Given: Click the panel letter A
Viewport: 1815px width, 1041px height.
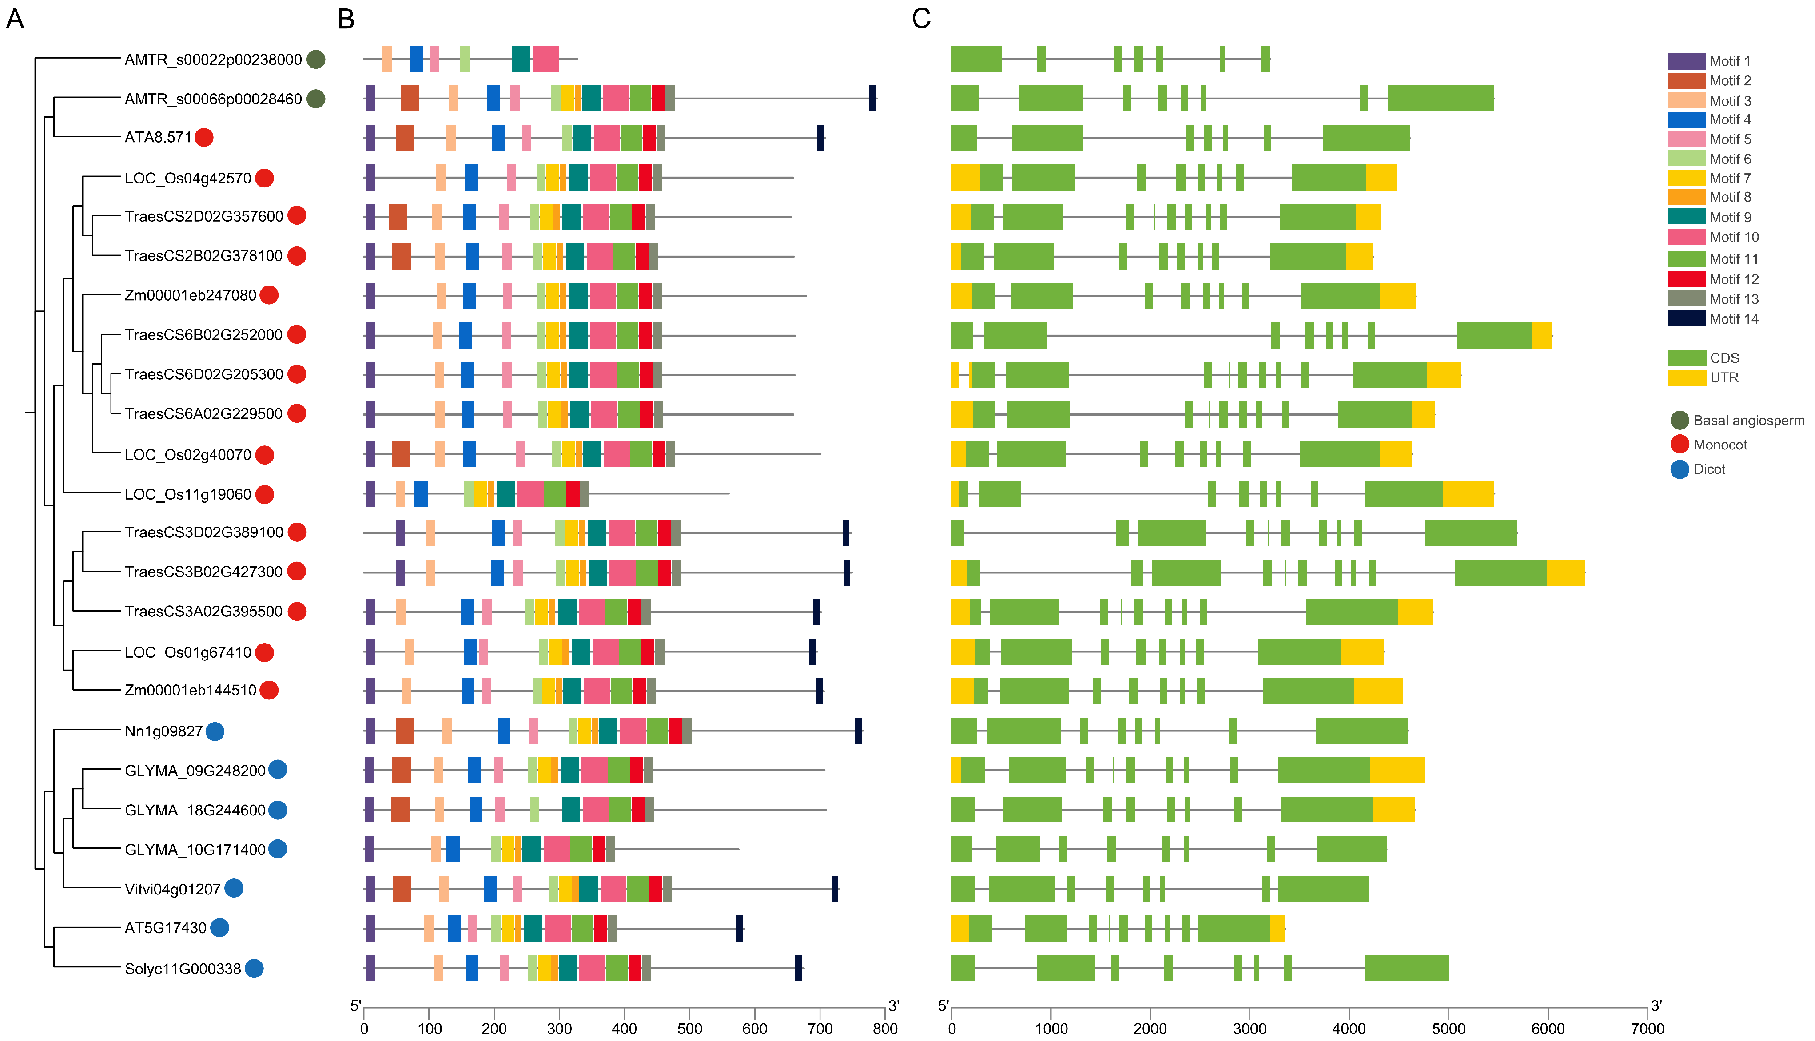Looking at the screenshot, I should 15,19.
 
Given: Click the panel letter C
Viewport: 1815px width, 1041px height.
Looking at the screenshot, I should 921,19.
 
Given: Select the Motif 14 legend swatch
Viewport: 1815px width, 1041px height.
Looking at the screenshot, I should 1686,319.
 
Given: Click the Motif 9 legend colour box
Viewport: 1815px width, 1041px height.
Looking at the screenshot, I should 1686,217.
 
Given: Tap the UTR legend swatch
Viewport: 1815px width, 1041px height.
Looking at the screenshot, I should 1686,377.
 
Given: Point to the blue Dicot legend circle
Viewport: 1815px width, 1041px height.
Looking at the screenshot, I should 1679,469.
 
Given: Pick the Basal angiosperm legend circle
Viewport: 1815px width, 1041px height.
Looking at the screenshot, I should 1679,421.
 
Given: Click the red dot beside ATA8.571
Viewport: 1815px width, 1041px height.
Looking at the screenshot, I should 204,137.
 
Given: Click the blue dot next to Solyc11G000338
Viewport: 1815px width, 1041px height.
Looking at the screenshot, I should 254,968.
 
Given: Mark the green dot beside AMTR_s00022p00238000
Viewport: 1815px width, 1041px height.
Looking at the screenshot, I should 315,60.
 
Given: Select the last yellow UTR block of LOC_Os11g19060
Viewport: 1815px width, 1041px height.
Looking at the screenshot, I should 1468,494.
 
